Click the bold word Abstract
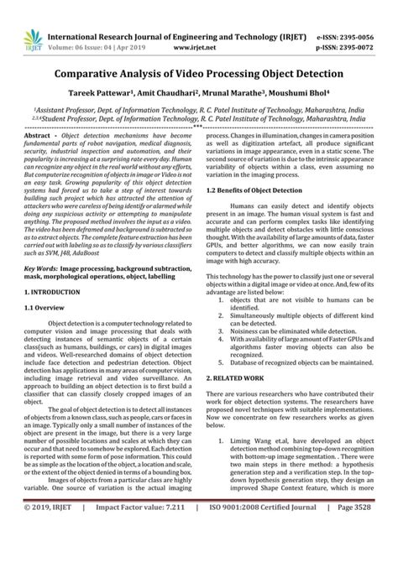click(39, 135)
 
